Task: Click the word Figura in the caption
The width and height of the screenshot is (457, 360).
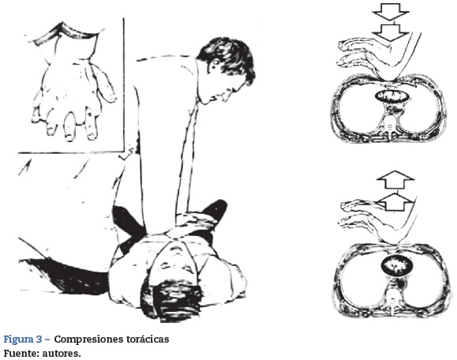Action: [x=18, y=339]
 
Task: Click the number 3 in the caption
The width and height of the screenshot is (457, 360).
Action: [x=39, y=339]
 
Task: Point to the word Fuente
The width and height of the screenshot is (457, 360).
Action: [x=21, y=354]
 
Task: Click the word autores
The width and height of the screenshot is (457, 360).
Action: [x=62, y=354]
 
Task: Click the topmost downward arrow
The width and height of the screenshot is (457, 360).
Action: [x=391, y=11]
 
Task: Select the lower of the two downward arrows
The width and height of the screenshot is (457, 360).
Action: [x=391, y=32]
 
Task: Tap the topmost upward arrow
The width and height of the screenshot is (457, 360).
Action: [x=395, y=179]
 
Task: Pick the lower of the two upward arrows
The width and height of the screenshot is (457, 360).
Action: [x=395, y=202]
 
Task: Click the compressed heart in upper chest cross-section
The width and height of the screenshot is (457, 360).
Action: [x=391, y=96]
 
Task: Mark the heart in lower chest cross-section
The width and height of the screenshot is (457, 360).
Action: [x=397, y=265]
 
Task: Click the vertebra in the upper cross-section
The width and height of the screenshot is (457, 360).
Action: [x=390, y=124]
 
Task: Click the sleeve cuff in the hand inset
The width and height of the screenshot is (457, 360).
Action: [x=66, y=32]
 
